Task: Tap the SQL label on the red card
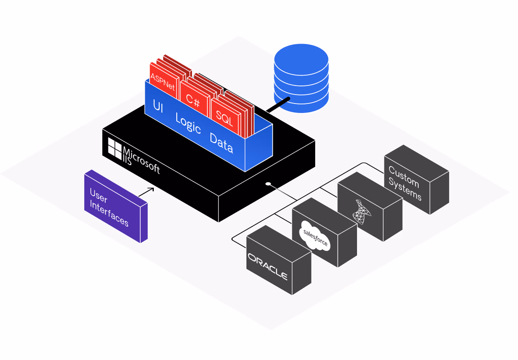pos(224,116)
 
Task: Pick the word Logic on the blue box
pos(188,124)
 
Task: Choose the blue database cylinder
pos(301,81)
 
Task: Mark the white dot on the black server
pos(268,184)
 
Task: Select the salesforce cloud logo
pos(315,236)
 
